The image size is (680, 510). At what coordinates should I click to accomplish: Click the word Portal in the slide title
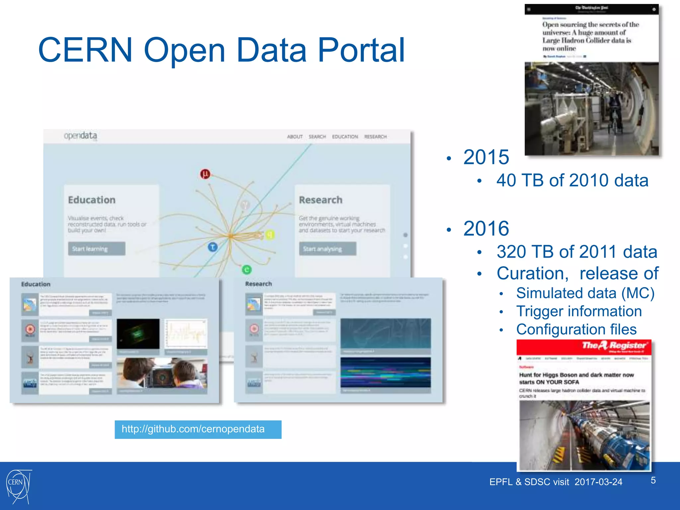361,50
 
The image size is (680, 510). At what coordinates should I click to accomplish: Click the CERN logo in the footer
19,486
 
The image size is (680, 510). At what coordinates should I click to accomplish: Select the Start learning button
96,249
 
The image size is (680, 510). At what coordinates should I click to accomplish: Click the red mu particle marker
205,174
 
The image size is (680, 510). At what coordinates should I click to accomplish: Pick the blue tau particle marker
213,247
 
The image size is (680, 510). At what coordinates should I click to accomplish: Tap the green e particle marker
247,270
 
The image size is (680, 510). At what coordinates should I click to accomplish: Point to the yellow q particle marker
270,235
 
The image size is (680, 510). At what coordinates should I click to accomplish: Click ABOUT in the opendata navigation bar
295,136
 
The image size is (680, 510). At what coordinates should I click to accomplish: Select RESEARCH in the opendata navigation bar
376,136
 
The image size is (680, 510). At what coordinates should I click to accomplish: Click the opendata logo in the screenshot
81,136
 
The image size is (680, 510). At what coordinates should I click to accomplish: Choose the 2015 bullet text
486,157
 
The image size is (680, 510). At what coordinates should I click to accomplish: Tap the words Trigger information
579,311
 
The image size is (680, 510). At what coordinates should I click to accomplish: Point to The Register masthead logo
614,346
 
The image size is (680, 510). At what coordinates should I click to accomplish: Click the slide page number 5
653,480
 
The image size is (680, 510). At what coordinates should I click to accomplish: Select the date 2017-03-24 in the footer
598,482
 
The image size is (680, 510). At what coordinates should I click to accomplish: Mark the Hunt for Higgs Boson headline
576,378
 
